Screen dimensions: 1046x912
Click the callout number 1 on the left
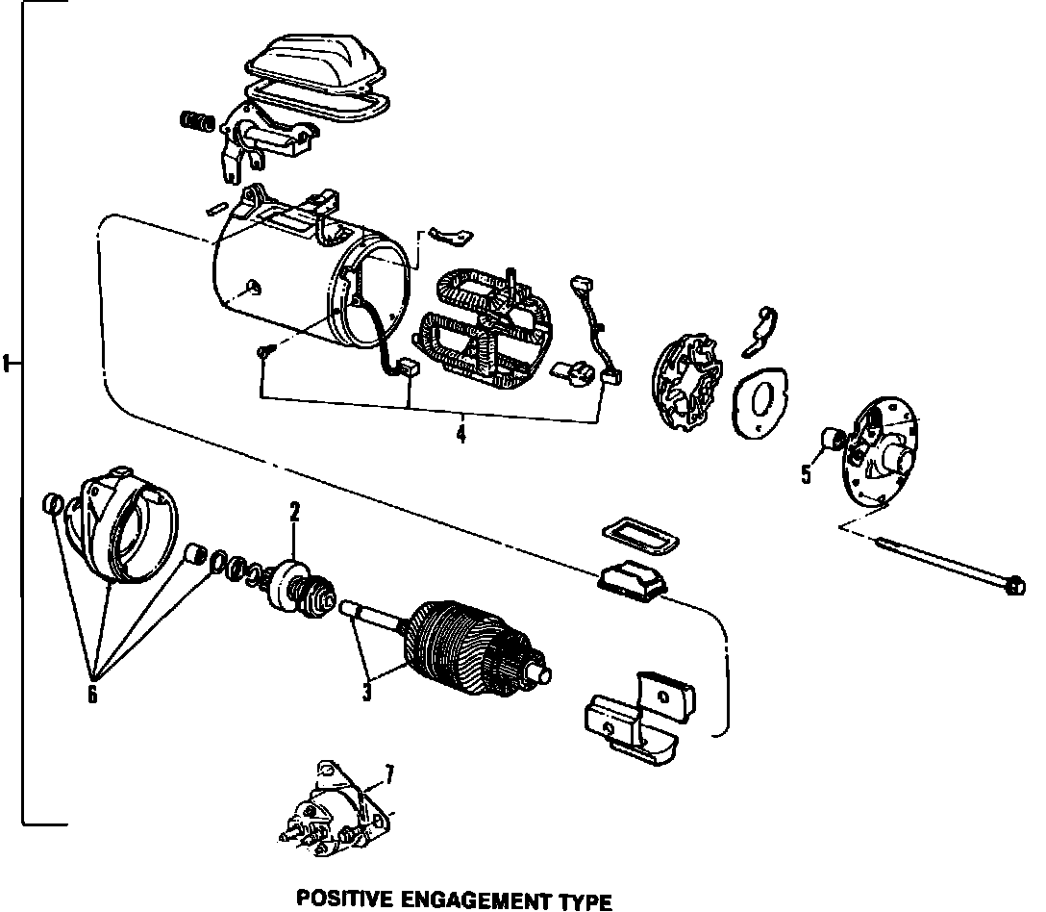pyautogui.click(x=8, y=364)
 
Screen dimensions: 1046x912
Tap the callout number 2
pyautogui.click(x=294, y=513)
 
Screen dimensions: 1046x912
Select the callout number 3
pyautogui.click(x=366, y=691)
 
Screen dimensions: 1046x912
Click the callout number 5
pyautogui.click(x=806, y=473)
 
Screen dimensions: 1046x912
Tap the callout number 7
pyautogui.click(x=388, y=772)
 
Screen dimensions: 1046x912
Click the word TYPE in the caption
pyautogui.click(x=585, y=901)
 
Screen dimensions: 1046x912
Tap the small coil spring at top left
pyautogui.click(x=195, y=122)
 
